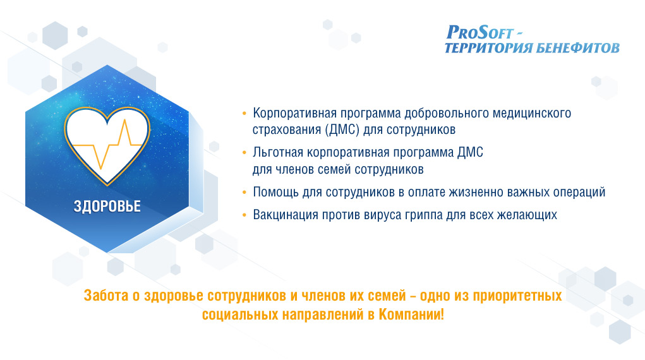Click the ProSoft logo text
point(480,32)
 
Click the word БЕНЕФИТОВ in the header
point(578,48)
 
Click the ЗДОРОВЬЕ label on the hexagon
point(107,206)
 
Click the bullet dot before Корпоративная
point(244,113)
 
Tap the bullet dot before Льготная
point(244,153)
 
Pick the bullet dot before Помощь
point(244,192)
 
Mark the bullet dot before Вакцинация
point(244,215)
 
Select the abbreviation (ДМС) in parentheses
point(342,130)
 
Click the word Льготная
point(278,153)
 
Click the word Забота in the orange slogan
point(106,296)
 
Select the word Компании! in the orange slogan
point(411,315)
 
